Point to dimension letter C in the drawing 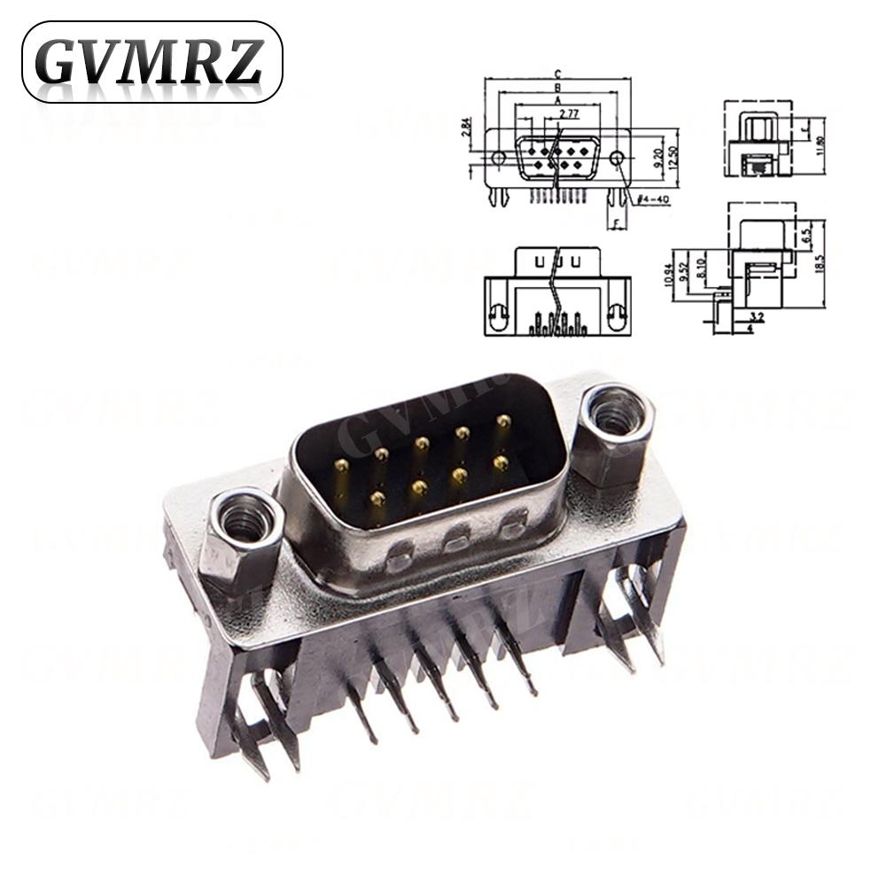tap(556, 74)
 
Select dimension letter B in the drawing tap(556, 88)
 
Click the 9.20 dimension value tap(657, 158)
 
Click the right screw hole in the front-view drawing tap(618, 157)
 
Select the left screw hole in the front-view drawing tap(498, 158)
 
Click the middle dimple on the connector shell tap(456, 536)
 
